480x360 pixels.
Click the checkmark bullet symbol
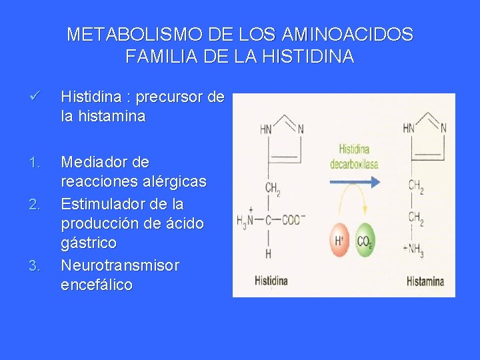tap(37, 97)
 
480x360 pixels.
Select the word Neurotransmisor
tap(120, 265)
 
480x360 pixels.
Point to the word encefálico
tap(97, 285)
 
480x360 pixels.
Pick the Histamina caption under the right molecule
tap(425, 281)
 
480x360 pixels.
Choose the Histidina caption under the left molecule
tap(271, 281)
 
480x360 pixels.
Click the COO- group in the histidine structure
tap(291, 220)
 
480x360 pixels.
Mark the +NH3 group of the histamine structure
tap(414, 252)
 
